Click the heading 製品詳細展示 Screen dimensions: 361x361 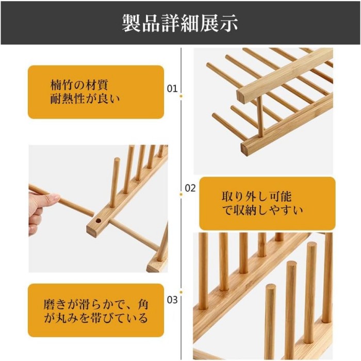click(x=180, y=23)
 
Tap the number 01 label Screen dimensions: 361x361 click(x=172, y=89)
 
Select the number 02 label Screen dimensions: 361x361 click(x=190, y=188)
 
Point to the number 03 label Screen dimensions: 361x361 click(x=172, y=300)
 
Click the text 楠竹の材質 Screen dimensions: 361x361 click(x=79, y=85)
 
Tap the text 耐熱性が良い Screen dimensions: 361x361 click(x=85, y=99)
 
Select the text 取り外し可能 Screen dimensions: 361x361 click(x=257, y=196)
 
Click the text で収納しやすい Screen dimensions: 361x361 click(x=262, y=210)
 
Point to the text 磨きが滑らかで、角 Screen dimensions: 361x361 click(x=96, y=304)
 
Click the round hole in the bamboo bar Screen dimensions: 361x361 click(x=99, y=221)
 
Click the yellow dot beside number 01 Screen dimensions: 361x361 click(x=181, y=96)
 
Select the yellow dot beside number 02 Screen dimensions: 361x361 click(x=181, y=194)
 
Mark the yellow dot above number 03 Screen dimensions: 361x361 click(x=181, y=292)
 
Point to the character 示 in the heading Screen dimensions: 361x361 click(x=228, y=23)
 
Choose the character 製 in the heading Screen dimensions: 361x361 click(x=131, y=23)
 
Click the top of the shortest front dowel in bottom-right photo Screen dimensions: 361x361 click(x=271, y=286)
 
